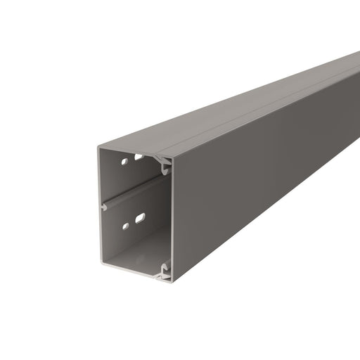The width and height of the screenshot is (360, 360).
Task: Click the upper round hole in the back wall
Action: click(x=124, y=162)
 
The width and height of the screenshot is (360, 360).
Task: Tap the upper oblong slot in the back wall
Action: click(x=140, y=157)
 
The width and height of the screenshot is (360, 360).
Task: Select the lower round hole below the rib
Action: click(x=125, y=226)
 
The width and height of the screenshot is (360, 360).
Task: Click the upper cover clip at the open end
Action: click(x=166, y=167)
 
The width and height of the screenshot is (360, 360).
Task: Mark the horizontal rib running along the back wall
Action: click(x=134, y=191)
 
